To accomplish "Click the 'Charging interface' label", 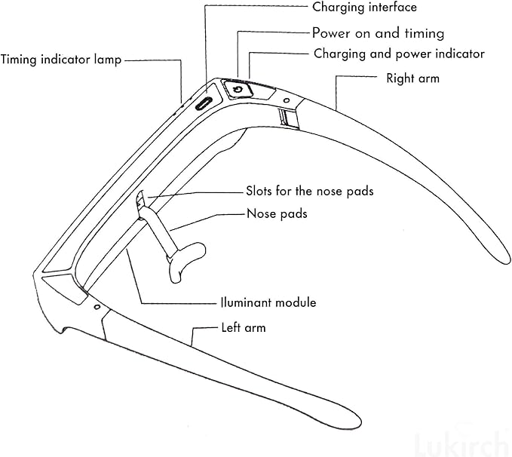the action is (x=364, y=8).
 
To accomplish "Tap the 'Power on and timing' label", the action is (x=378, y=33).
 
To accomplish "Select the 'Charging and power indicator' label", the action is (x=399, y=54).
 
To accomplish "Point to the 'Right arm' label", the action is (x=412, y=78).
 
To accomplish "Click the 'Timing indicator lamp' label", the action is (x=61, y=60).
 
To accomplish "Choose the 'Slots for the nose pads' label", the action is (x=310, y=191).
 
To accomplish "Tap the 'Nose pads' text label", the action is (x=277, y=213).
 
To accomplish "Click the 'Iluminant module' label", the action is (x=268, y=302).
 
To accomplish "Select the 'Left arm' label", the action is (x=244, y=327).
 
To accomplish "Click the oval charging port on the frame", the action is (x=204, y=104).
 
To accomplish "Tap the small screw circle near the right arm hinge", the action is (x=287, y=100).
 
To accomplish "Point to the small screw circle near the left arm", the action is (x=97, y=307).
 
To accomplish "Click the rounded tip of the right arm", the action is (x=502, y=256).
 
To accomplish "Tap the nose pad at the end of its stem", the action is (x=187, y=260).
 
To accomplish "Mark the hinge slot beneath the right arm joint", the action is (x=288, y=118).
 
